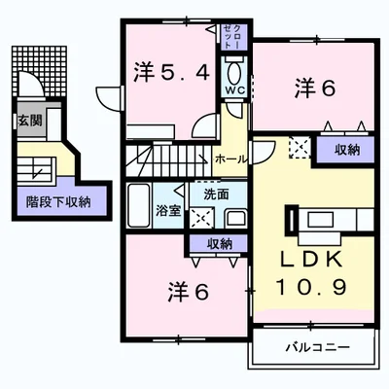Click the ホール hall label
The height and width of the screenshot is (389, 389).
pos(230,158)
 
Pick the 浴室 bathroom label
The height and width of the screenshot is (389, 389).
pos(166,210)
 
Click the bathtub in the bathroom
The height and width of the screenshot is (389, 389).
pos(138,203)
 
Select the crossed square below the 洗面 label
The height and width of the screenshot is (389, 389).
pos(202,218)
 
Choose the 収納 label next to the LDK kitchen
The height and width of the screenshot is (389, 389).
pos(347,150)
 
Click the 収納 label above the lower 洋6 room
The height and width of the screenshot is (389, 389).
pos(220,243)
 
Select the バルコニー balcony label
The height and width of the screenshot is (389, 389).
pos(311,346)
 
